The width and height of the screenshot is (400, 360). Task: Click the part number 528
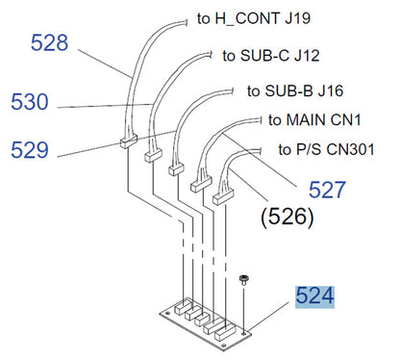49,42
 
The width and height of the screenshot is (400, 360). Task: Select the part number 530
30,102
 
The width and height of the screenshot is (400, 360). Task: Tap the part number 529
30,150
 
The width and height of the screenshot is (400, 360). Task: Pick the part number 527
327,190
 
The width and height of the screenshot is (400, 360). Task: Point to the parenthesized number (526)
287,217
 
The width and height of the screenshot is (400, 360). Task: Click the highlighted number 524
314,296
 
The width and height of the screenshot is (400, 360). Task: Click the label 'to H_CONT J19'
254,18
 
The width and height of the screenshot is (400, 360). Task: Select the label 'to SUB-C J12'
271,56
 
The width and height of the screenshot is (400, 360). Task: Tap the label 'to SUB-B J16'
295,90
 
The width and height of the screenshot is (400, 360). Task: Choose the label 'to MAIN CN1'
314,120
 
